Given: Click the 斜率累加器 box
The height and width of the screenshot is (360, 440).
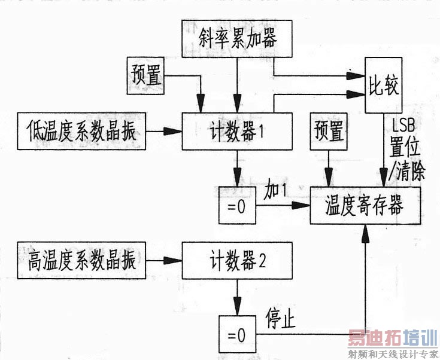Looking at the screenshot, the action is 237,39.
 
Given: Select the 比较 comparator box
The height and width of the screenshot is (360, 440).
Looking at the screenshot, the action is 383,86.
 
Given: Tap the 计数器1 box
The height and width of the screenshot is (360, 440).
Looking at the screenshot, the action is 237,131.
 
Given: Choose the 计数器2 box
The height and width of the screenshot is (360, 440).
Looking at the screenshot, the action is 237,261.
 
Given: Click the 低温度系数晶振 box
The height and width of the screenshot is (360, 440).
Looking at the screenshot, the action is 81,131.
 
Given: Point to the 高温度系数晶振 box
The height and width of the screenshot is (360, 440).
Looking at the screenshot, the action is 81,261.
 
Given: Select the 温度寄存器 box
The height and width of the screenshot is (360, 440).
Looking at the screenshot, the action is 365,205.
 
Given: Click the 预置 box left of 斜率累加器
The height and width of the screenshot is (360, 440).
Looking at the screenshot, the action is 145,76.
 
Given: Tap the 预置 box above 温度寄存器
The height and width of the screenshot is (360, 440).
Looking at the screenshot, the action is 329,131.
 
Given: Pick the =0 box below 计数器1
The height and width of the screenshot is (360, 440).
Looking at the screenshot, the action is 237,205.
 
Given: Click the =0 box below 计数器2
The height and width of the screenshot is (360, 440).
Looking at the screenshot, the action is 237,334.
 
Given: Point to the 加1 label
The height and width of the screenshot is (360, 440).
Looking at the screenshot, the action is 275,191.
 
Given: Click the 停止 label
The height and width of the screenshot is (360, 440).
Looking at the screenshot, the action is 280,319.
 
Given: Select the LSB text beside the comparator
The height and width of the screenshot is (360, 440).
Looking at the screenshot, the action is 403,125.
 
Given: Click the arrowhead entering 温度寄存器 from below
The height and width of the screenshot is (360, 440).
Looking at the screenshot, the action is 365,233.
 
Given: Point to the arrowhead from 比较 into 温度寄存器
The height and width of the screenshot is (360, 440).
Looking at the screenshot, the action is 384,178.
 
